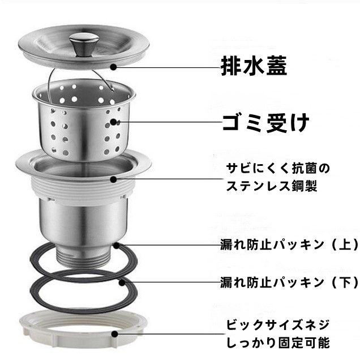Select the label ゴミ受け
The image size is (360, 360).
[265, 122]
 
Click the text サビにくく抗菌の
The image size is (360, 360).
[277, 169]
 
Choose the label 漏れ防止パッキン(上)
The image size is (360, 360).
[289, 245]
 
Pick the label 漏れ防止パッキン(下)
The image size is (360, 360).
[289, 281]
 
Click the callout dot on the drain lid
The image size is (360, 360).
[113, 67]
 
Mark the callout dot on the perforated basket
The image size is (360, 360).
[113, 122]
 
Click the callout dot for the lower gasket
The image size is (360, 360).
[121, 281]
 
